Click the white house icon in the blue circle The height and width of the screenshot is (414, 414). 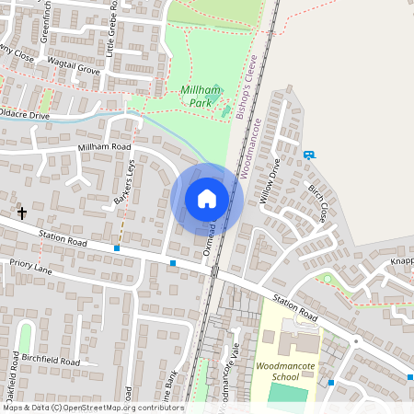click(x=207, y=199)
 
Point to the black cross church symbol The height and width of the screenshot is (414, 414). click(x=22, y=213)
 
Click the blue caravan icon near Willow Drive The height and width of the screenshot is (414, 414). click(x=308, y=155)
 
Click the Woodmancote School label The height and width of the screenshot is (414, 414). click(x=290, y=371)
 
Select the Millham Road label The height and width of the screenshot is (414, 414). click(x=105, y=147)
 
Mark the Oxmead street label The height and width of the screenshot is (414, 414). click(x=211, y=237)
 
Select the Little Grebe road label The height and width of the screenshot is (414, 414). click(x=111, y=29)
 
